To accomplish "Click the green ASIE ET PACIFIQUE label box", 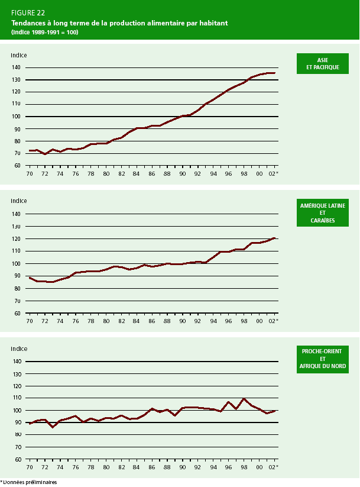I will (x=322, y=64).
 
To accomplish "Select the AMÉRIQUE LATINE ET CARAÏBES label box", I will (x=322, y=213).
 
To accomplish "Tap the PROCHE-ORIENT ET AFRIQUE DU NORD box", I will (x=322, y=359).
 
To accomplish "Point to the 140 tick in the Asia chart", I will (x=16, y=67).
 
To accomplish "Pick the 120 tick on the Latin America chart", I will (x=16, y=238).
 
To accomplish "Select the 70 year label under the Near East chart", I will (x=29, y=467).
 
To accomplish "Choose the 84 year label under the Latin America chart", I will (x=137, y=321).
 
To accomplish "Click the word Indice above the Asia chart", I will (x=18, y=55).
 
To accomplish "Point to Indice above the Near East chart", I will (x=18, y=349).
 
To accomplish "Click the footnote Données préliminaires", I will (x=29, y=482).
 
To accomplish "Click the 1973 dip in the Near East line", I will (x=52, y=427).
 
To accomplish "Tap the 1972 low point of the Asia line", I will (x=45, y=154).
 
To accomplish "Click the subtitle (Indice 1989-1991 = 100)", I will (x=44, y=32).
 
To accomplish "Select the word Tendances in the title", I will (x=30, y=23).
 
